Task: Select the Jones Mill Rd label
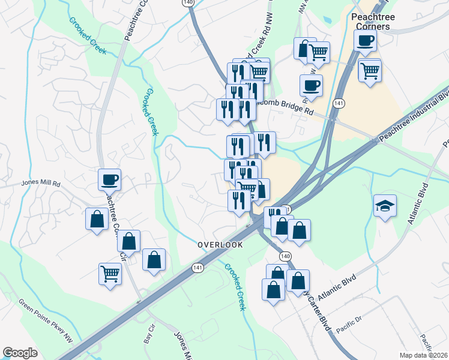[x=41, y=183]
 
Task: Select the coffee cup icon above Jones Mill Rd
[x=110, y=179]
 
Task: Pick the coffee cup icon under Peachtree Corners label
[x=365, y=41]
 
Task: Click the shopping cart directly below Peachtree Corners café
[x=370, y=70]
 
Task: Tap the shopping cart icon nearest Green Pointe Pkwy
[x=110, y=274]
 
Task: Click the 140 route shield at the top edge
[x=189, y=3]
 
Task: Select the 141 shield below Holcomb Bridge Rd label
[x=339, y=103]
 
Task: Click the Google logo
[x=20, y=353]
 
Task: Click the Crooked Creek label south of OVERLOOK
[x=235, y=287]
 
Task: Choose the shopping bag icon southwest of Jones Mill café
[x=97, y=219]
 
